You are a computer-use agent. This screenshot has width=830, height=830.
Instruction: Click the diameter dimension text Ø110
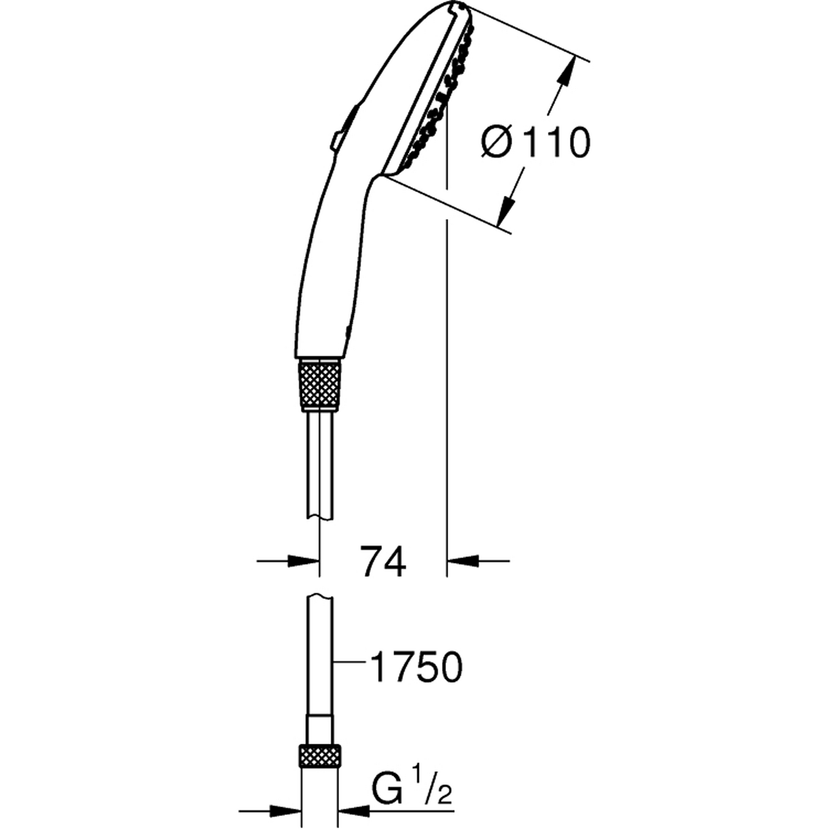click(x=535, y=143)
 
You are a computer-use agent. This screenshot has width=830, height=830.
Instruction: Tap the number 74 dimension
click(x=383, y=562)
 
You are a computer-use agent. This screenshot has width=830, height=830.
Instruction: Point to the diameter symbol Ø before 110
click(x=497, y=143)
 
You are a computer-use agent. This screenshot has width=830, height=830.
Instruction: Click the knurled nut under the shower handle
click(x=319, y=385)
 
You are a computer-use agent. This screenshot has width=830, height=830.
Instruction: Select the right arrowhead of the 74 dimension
click(x=463, y=562)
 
